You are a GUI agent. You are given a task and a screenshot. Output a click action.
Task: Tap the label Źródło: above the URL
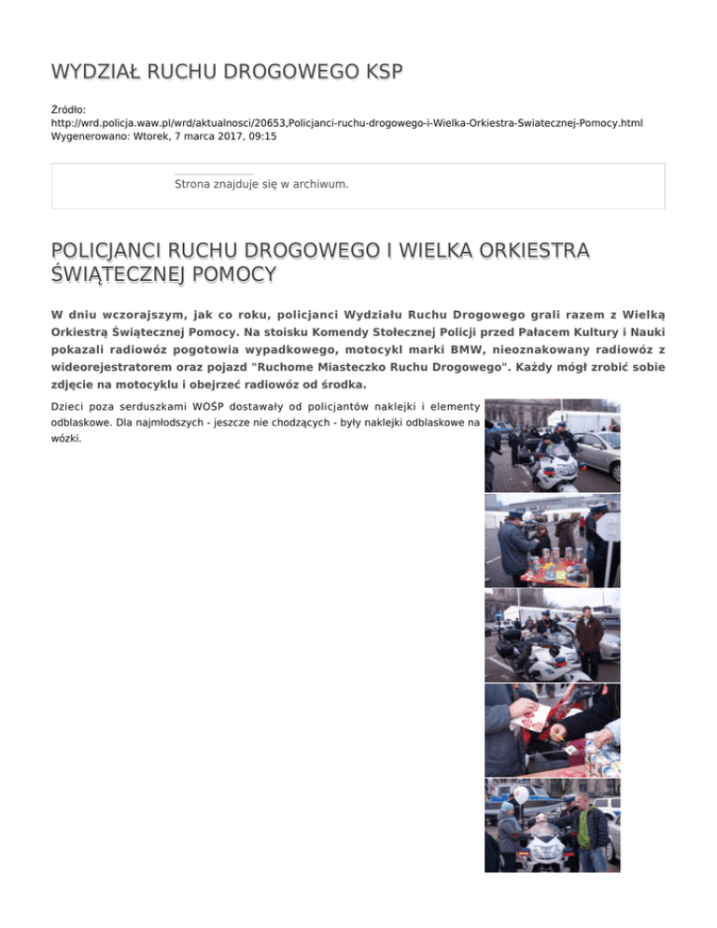tap(70, 109)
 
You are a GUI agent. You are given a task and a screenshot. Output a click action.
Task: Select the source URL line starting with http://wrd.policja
tap(346, 122)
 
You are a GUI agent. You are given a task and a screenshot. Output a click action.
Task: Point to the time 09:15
tap(261, 135)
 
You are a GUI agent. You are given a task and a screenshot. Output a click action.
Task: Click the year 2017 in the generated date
tap(220, 135)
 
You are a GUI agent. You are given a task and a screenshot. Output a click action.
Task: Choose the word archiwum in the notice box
tap(319, 184)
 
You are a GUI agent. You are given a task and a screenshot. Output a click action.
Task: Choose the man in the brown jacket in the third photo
tap(589, 637)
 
